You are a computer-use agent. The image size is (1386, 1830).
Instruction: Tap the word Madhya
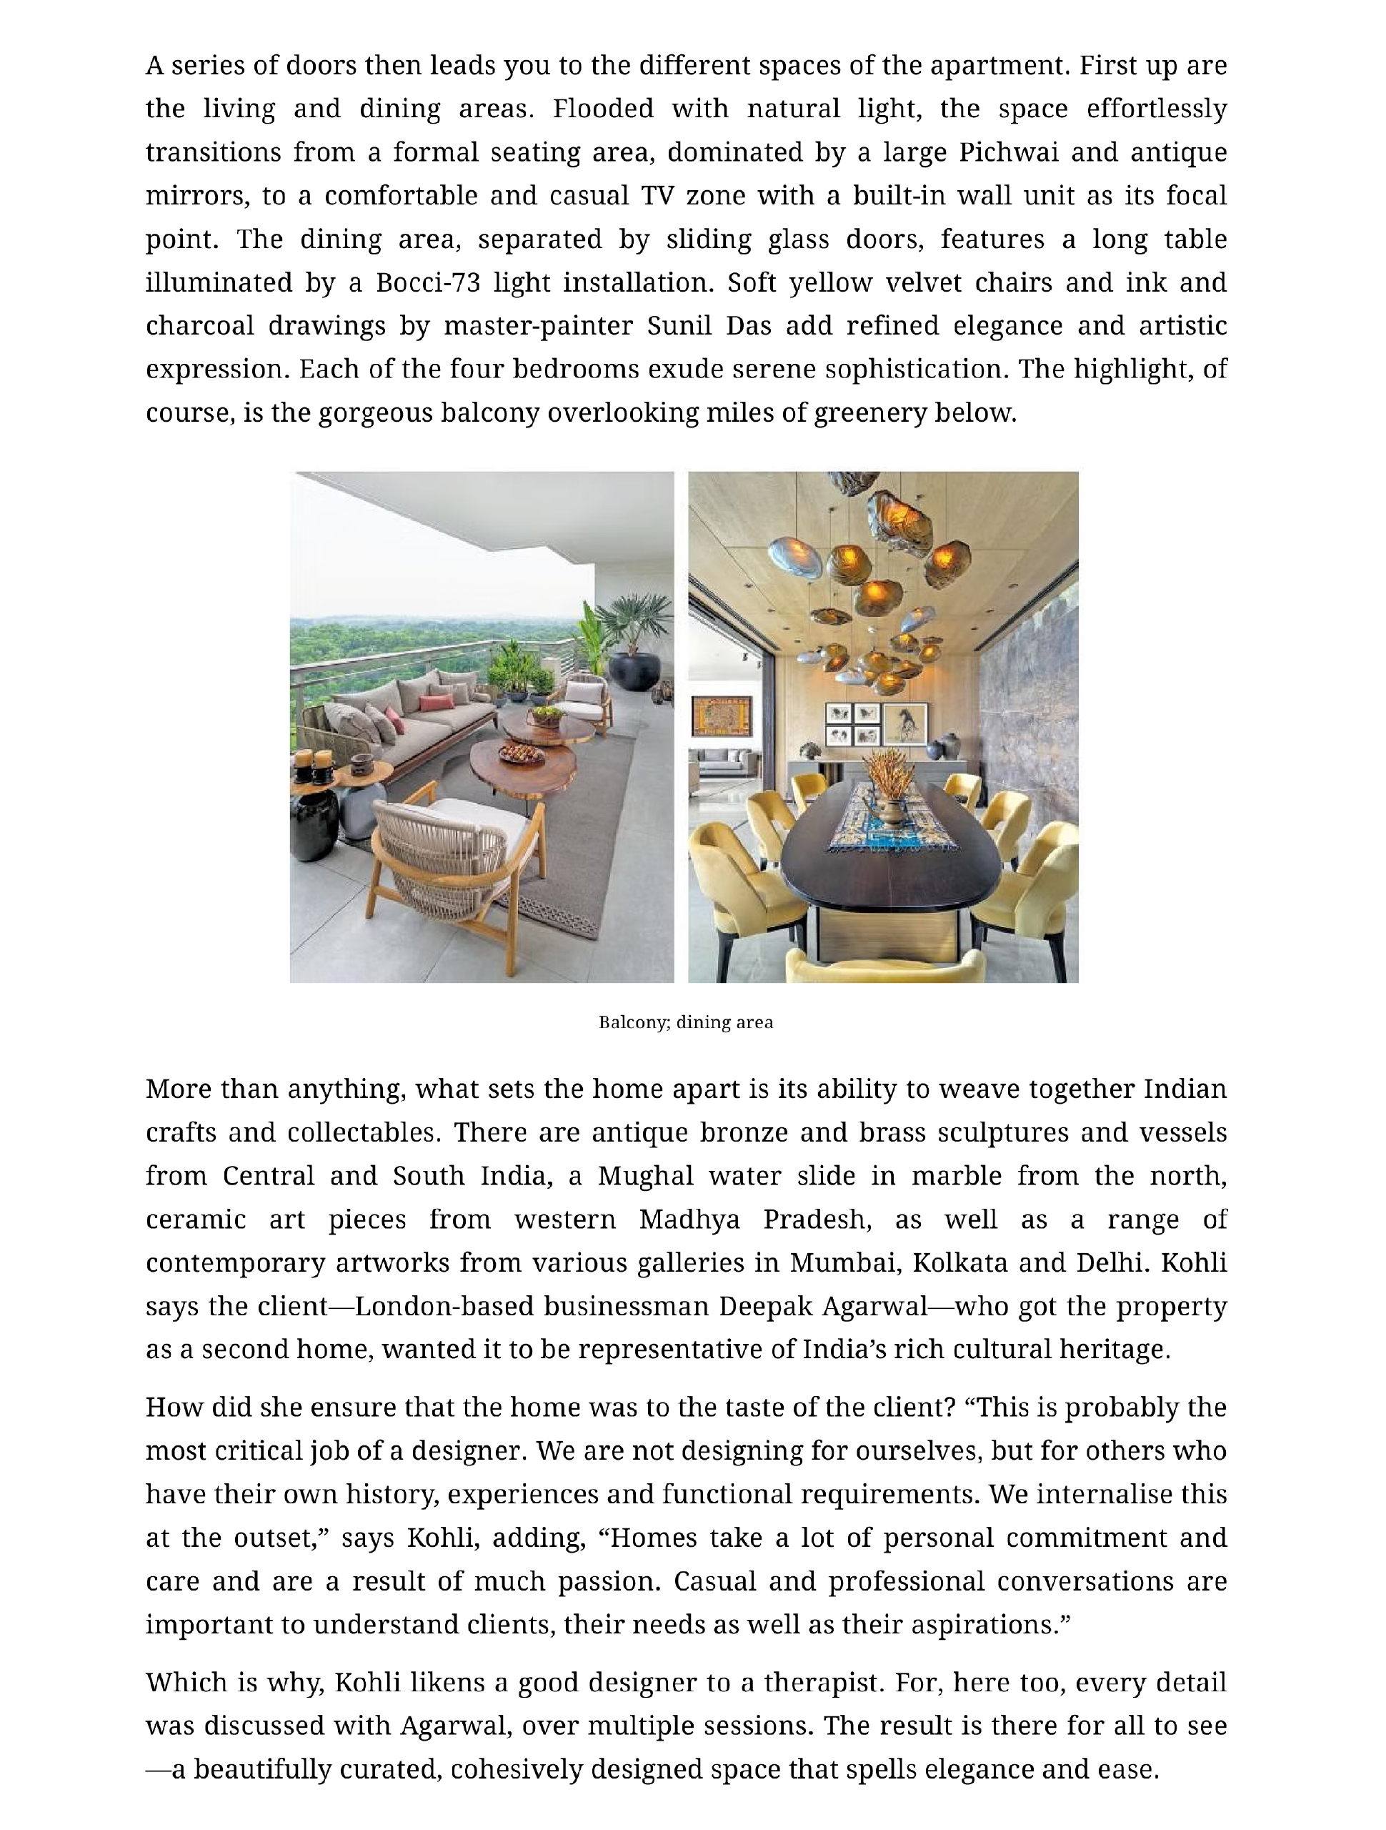689,1220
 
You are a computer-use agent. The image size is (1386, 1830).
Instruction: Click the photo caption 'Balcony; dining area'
686,1022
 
